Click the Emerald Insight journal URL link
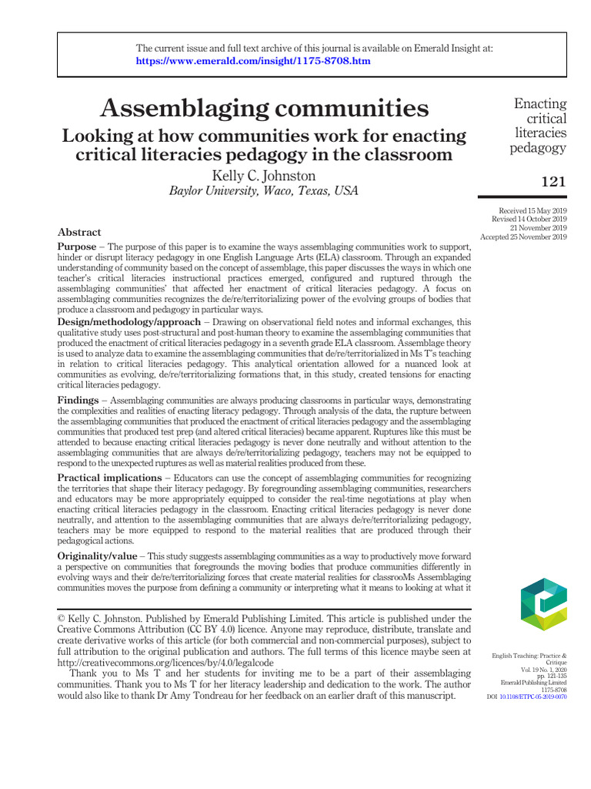(x=253, y=61)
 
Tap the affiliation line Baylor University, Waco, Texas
(x=264, y=191)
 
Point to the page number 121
(x=553, y=183)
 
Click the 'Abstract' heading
(x=79, y=232)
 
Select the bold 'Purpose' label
(x=77, y=246)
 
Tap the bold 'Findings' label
(x=78, y=401)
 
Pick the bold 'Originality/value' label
(x=98, y=556)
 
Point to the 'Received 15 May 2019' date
(x=533, y=210)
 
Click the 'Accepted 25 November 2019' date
(x=524, y=237)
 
